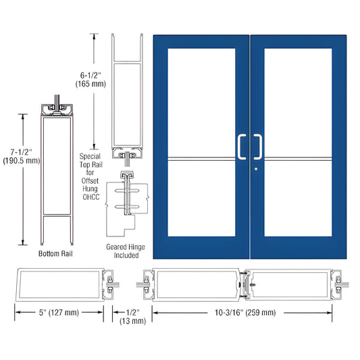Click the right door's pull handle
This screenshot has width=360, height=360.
tap(259, 147)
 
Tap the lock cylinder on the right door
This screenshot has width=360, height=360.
tap(257, 168)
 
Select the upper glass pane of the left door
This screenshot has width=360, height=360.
tap(201, 101)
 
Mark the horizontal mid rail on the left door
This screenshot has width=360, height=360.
tap(201, 159)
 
